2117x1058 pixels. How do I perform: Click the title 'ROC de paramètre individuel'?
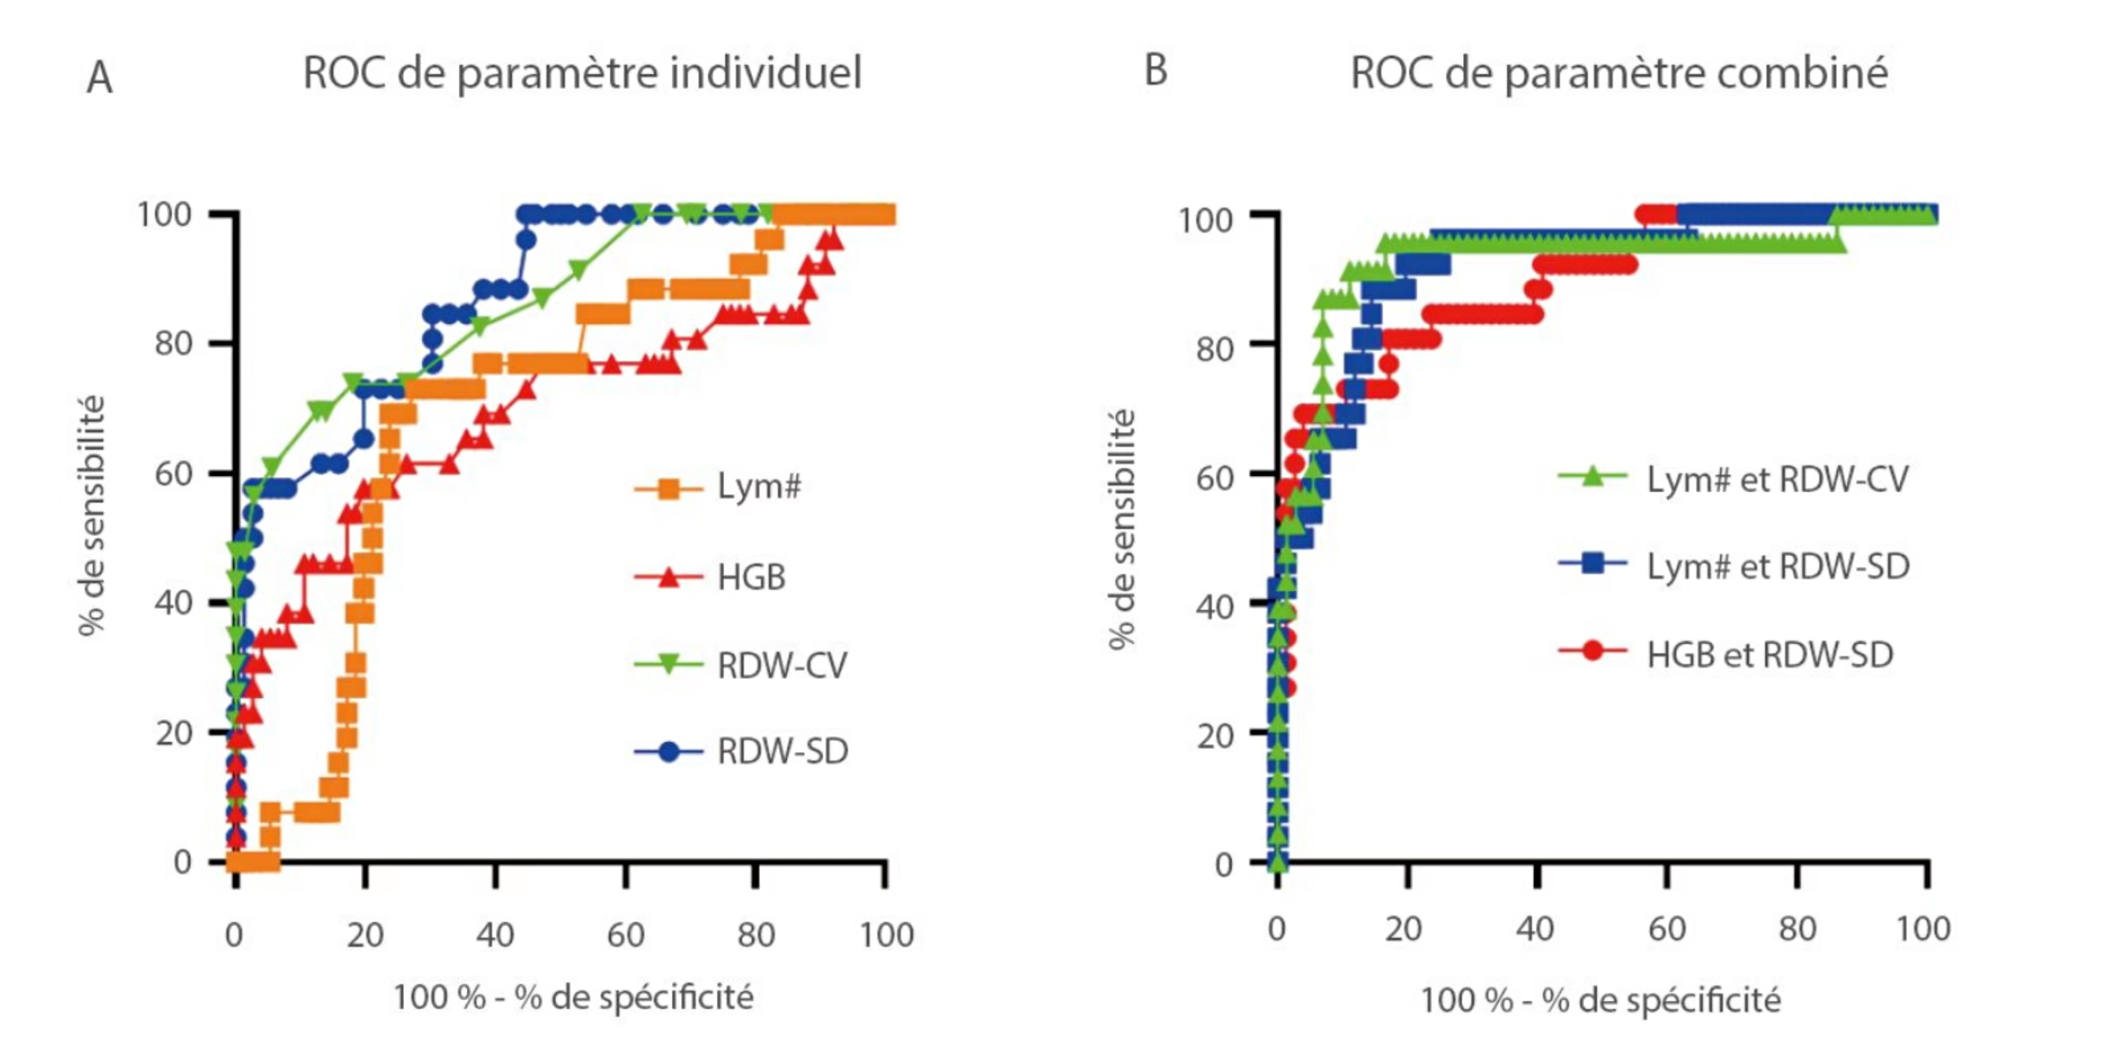[x=582, y=73]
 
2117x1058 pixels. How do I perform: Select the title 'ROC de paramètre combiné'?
[x=1618, y=73]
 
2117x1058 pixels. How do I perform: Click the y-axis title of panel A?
[x=92, y=516]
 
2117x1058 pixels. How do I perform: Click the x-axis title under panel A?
[x=573, y=998]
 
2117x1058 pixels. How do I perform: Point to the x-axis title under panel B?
[x=1600, y=1001]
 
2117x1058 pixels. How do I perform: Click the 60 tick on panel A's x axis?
[x=625, y=935]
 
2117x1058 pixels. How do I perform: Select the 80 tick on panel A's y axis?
[x=174, y=344]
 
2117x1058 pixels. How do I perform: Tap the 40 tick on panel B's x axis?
[x=1535, y=929]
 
